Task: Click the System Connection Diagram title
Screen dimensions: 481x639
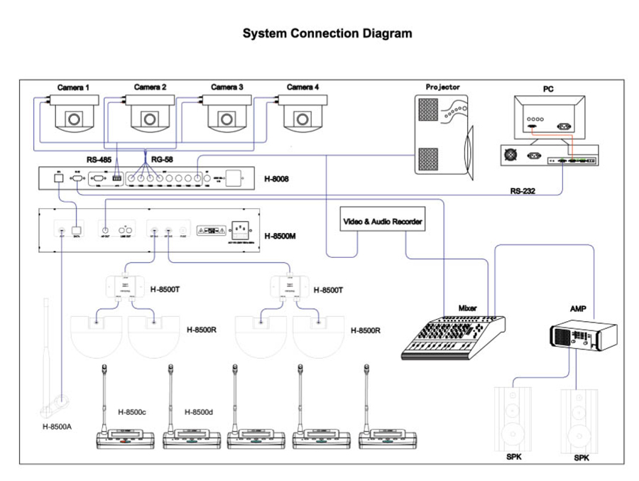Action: click(x=327, y=33)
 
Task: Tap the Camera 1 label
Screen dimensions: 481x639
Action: click(x=74, y=88)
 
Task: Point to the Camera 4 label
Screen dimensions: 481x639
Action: click(x=303, y=87)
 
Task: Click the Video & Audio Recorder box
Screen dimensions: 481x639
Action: click(x=383, y=222)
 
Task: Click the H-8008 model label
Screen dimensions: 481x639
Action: click(x=276, y=179)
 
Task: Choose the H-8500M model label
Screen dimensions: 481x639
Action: click(x=279, y=235)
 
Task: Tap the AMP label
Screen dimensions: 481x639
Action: click(x=579, y=310)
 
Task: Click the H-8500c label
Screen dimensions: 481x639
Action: click(x=132, y=412)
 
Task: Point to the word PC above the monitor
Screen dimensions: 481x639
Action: click(x=548, y=90)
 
